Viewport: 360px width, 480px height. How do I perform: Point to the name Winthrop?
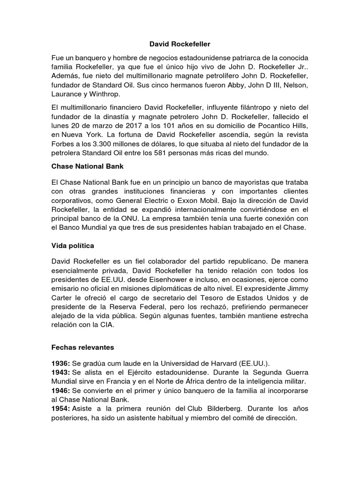click(111, 94)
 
